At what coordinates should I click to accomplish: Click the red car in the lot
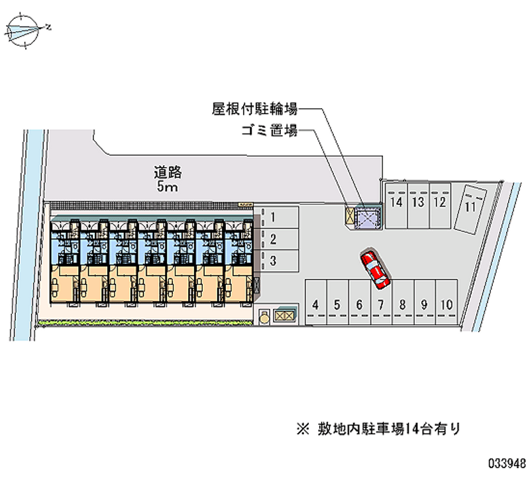coord(375,269)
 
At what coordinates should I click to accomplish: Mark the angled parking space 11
coord(472,207)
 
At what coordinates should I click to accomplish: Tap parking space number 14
coord(396,203)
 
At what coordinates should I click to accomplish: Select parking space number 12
coord(439,203)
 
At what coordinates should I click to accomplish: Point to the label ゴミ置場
coord(268,131)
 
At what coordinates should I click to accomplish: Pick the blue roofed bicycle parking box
coord(368,217)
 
